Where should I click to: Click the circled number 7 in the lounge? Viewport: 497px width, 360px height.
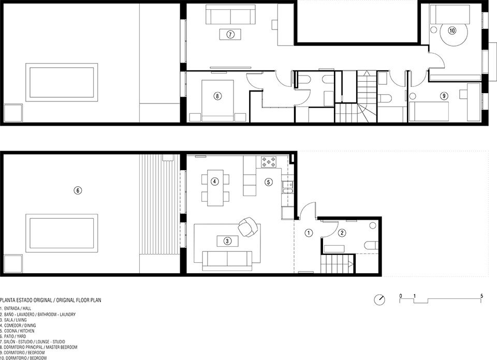click(x=230, y=34)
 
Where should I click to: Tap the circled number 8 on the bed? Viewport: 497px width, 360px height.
click(x=217, y=96)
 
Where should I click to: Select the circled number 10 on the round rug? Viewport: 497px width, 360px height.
click(x=452, y=31)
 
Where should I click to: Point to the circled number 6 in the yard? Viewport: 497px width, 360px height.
click(x=78, y=190)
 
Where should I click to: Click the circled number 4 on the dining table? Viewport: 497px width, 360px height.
click(x=214, y=182)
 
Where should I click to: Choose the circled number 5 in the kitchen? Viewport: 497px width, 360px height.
click(x=269, y=182)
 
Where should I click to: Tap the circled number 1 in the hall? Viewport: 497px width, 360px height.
click(x=309, y=233)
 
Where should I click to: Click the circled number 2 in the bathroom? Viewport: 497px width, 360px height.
click(x=342, y=233)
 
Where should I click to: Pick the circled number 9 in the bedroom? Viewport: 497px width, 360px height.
click(x=444, y=95)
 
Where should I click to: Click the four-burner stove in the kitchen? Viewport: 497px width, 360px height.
click(x=269, y=162)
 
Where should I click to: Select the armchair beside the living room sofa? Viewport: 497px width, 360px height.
click(x=249, y=227)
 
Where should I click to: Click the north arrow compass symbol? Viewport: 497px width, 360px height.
click(x=379, y=299)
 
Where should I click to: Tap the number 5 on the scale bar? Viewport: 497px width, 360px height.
click(x=481, y=296)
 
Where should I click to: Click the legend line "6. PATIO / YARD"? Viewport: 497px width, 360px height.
click(x=13, y=336)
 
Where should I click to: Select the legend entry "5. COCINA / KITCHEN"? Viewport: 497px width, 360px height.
click(x=17, y=331)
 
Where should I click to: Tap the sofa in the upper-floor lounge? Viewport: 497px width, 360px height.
click(x=230, y=14)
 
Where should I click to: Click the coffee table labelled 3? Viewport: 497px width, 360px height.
click(x=227, y=241)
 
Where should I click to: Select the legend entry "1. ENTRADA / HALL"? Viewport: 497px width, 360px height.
click(x=16, y=308)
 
